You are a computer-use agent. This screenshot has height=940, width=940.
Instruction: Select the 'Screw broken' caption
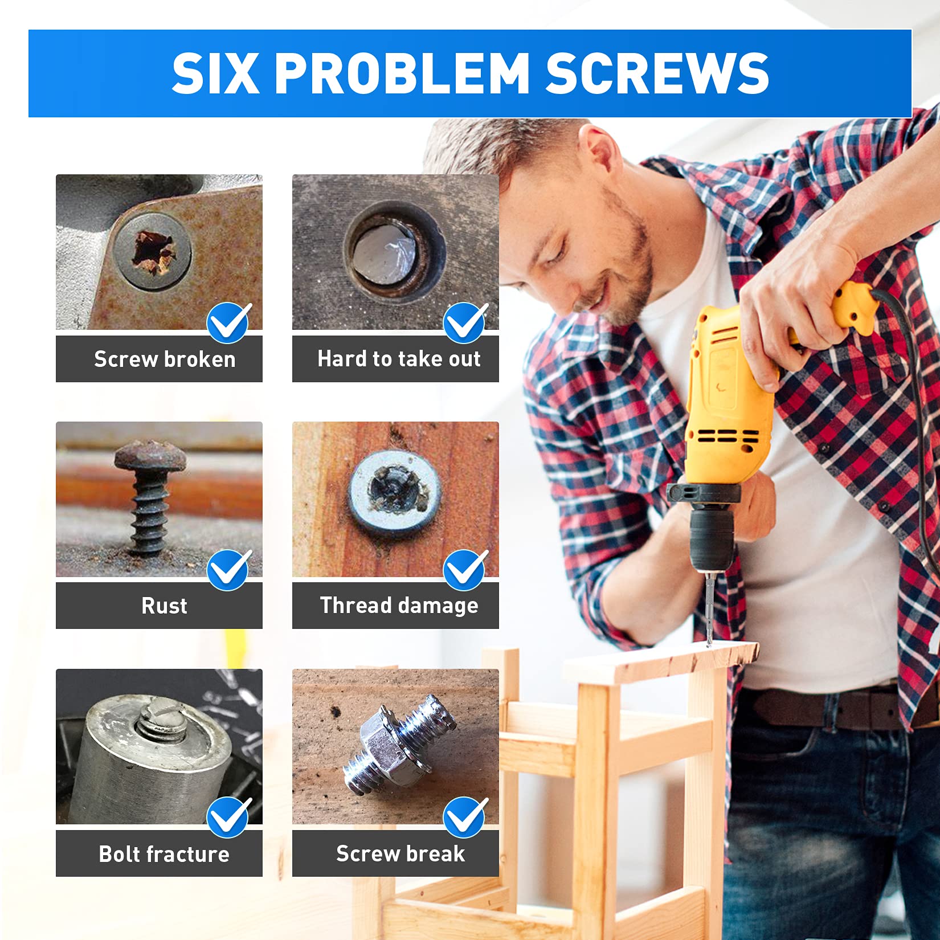(165, 359)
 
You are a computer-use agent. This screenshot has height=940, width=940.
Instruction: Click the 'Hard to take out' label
(399, 359)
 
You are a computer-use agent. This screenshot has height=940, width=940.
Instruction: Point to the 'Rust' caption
(164, 606)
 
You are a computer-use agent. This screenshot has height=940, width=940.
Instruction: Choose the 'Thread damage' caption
(399, 606)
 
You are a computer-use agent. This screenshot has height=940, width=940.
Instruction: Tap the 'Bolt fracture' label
(164, 854)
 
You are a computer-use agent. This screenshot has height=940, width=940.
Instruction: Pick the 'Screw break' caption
(400, 853)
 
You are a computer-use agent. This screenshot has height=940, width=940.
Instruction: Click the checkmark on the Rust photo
(228, 570)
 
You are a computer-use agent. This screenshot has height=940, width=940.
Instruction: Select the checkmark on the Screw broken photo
(228, 322)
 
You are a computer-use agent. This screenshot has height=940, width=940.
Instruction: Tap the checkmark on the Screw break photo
(465, 817)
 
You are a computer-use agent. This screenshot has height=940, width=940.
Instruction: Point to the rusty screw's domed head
(150, 456)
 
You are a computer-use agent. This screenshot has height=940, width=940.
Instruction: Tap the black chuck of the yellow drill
(712, 541)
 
